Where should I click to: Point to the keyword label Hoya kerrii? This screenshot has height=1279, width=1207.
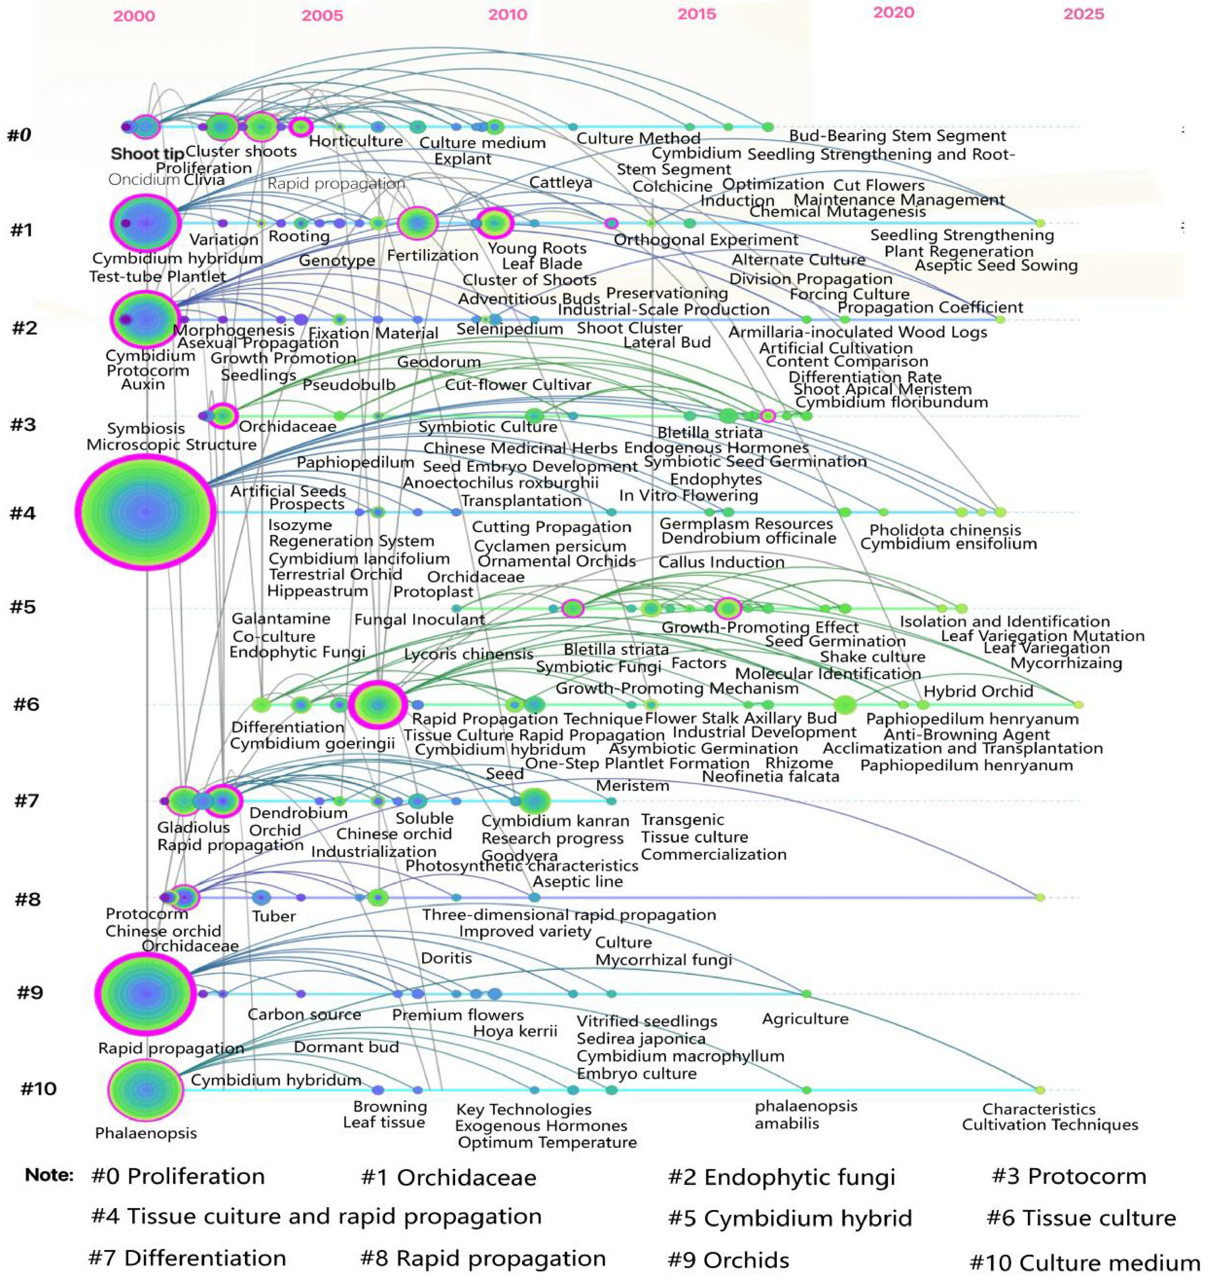pos(515,1031)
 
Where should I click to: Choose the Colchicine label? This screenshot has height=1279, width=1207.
pos(672,187)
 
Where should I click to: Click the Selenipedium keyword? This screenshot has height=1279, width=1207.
pos(510,329)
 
